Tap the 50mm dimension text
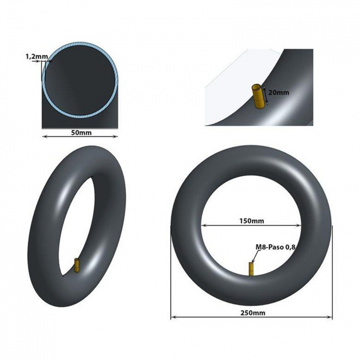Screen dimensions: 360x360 pos(81,132)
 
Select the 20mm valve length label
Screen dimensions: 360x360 pos(279,93)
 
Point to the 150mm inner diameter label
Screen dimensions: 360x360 pos(251,221)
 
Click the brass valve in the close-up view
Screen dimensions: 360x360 pos(258,96)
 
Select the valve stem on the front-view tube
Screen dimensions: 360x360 pos(251,269)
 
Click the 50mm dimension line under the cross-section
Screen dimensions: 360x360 pos(62,137)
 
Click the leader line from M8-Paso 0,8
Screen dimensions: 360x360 pos(254,257)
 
